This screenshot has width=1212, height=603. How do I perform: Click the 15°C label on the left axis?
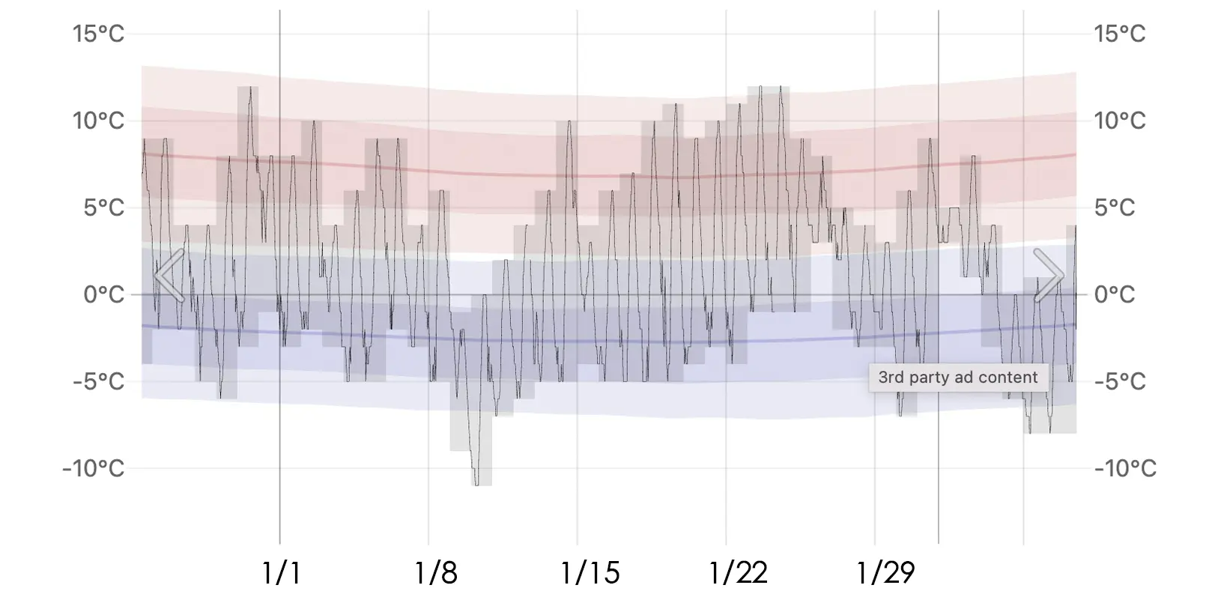pyautogui.click(x=98, y=34)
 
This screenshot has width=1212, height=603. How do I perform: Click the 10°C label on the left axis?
pyautogui.click(x=98, y=121)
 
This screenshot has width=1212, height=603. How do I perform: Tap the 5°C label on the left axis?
pyautogui.click(x=103, y=207)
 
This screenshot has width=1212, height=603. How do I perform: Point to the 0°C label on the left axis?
pyautogui.click(x=103, y=294)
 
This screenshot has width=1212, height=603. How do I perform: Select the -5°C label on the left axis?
pyautogui.click(x=98, y=381)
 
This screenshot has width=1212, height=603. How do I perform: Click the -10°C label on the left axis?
pyautogui.click(x=93, y=469)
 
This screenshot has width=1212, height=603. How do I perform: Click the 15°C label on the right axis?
pyautogui.click(x=1120, y=34)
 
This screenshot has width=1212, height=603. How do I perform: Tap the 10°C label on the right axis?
pyautogui.click(x=1120, y=121)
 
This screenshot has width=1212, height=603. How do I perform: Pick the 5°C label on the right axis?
pyautogui.click(x=1115, y=207)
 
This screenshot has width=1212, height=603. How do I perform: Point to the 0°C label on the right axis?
pyautogui.click(x=1115, y=294)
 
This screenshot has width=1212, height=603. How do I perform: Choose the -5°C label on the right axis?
pyautogui.click(x=1120, y=381)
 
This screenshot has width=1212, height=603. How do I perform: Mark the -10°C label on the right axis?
pyautogui.click(x=1125, y=469)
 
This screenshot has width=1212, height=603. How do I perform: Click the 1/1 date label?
pyautogui.click(x=282, y=573)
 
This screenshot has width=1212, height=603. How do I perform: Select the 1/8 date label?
pyautogui.click(x=436, y=573)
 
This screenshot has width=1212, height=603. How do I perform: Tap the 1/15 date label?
pyautogui.click(x=590, y=573)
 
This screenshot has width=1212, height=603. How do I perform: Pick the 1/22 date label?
pyautogui.click(x=739, y=573)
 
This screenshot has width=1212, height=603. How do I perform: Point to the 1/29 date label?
pyautogui.click(x=886, y=573)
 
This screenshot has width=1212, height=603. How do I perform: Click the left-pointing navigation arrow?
pyautogui.click(x=169, y=276)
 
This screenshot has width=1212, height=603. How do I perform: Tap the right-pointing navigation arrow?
pyautogui.click(x=1048, y=276)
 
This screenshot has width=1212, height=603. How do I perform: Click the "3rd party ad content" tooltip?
pyautogui.click(x=958, y=378)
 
